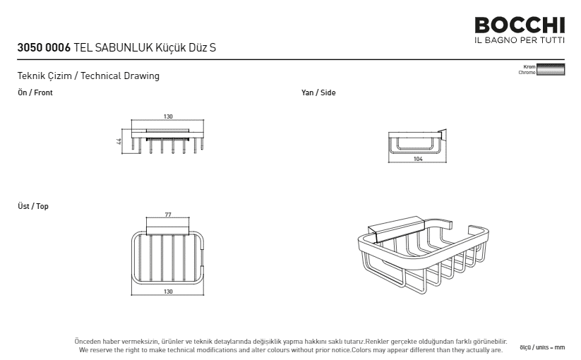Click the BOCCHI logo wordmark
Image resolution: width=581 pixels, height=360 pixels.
click(x=520, y=25)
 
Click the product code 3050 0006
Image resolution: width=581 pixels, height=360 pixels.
click(x=44, y=47)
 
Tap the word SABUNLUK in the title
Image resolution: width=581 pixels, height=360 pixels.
click(x=124, y=47)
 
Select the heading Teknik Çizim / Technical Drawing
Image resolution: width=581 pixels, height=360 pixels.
click(x=88, y=76)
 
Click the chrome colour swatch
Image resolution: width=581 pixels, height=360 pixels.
click(x=551, y=70)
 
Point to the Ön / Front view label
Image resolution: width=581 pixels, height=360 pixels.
click(x=35, y=92)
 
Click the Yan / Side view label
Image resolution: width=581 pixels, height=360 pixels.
click(x=318, y=92)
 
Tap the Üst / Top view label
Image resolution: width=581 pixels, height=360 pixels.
click(x=33, y=206)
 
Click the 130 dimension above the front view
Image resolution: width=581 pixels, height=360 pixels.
click(x=168, y=116)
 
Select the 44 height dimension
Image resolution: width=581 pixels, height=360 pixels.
click(x=119, y=141)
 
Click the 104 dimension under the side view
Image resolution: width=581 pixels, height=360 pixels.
click(x=418, y=159)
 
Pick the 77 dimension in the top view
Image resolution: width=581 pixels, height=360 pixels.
click(x=168, y=215)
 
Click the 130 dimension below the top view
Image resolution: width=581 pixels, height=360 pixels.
click(x=168, y=292)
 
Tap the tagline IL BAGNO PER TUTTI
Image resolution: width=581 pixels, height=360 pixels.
click(x=520, y=40)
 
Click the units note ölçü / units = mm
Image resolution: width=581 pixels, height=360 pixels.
click(x=542, y=347)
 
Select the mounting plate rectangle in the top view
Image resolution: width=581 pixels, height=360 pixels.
click(x=168, y=227)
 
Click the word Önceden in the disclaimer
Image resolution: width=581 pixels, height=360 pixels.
click(x=88, y=342)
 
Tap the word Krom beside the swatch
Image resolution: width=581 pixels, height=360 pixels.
click(x=529, y=66)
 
